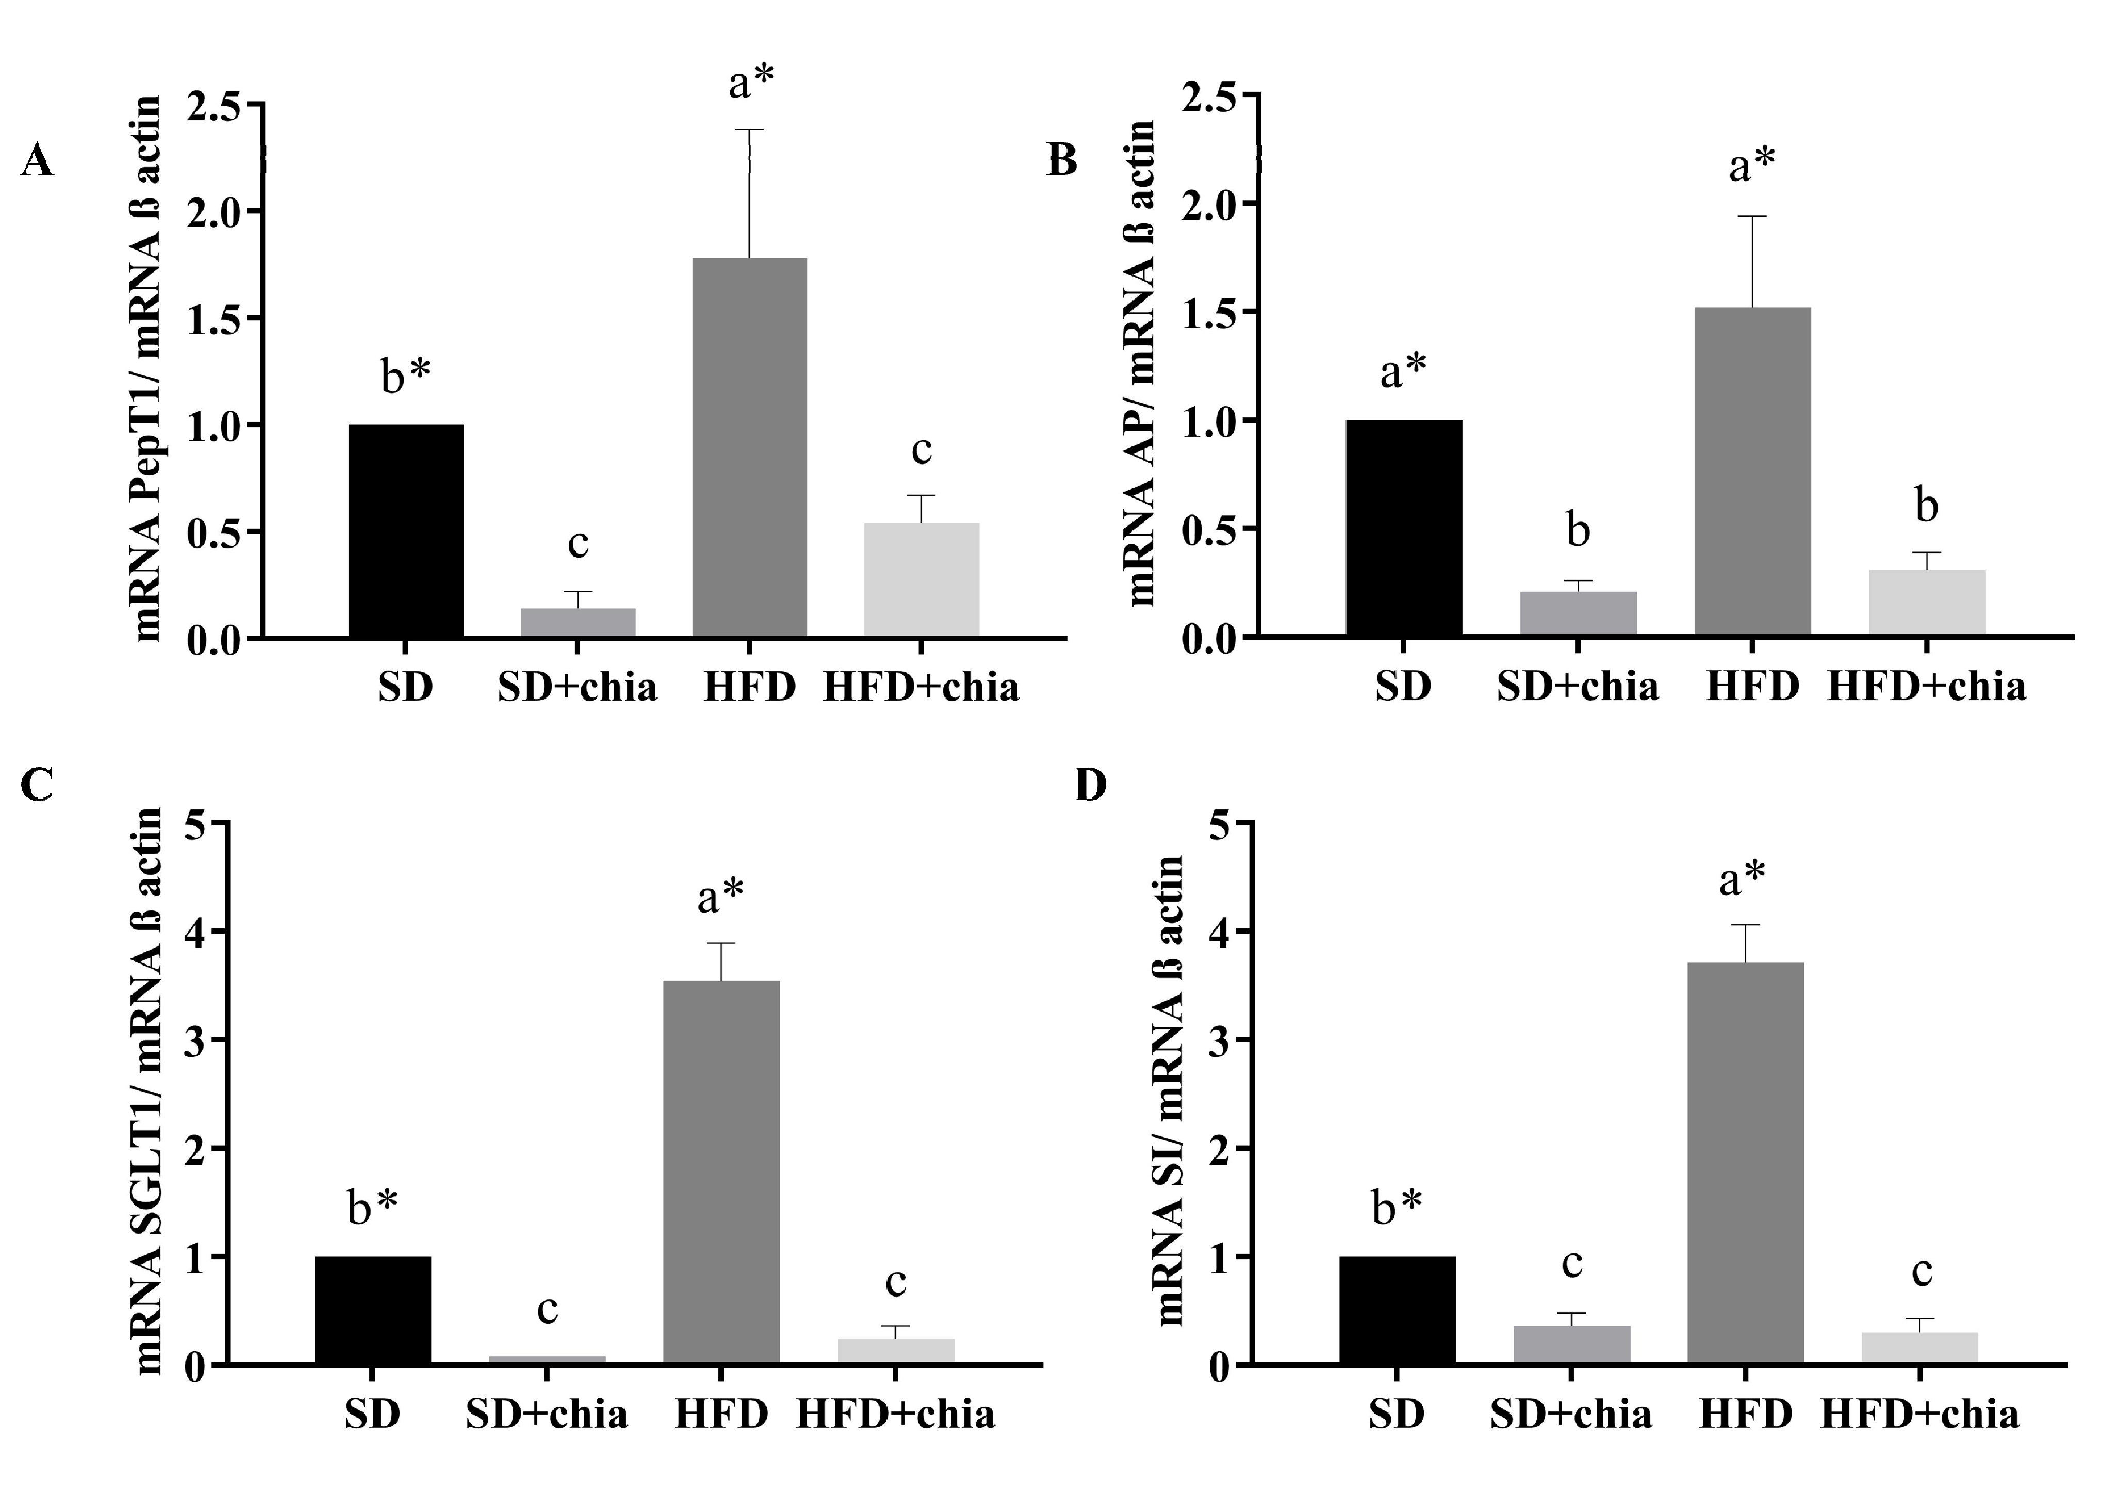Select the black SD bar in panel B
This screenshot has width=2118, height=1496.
click(1403, 527)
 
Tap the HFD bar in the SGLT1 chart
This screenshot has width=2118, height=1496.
click(721, 1171)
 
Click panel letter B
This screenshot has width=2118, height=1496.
click(1063, 160)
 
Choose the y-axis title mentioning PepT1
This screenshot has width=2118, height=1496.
click(147, 369)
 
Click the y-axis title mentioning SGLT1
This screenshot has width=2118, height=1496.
click(150, 1093)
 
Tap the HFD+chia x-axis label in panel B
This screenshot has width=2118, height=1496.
click(1926, 686)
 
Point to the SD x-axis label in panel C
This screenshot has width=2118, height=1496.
click(373, 1414)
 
